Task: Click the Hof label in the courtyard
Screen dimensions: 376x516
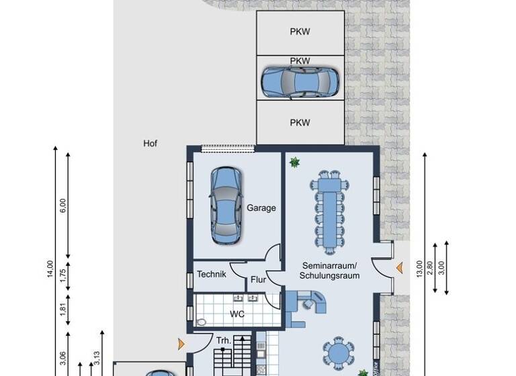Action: [x=150, y=143]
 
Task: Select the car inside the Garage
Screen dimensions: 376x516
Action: [x=226, y=205]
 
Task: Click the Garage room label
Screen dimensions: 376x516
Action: [x=261, y=208]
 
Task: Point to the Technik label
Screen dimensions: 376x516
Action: [x=211, y=274]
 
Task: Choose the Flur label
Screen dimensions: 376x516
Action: [x=259, y=280]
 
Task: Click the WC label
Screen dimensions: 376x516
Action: [x=236, y=314]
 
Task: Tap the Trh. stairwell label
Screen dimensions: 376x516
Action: [x=224, y=340]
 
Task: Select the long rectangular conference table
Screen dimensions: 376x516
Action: [x=330, y=212]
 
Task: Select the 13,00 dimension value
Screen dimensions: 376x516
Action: [x=419, y=269]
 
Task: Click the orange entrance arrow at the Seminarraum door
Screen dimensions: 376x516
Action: [x=399, y=269]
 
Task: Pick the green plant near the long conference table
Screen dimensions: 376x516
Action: [x=294, y=162]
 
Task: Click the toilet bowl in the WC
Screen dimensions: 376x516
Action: [x=200, y=322]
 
